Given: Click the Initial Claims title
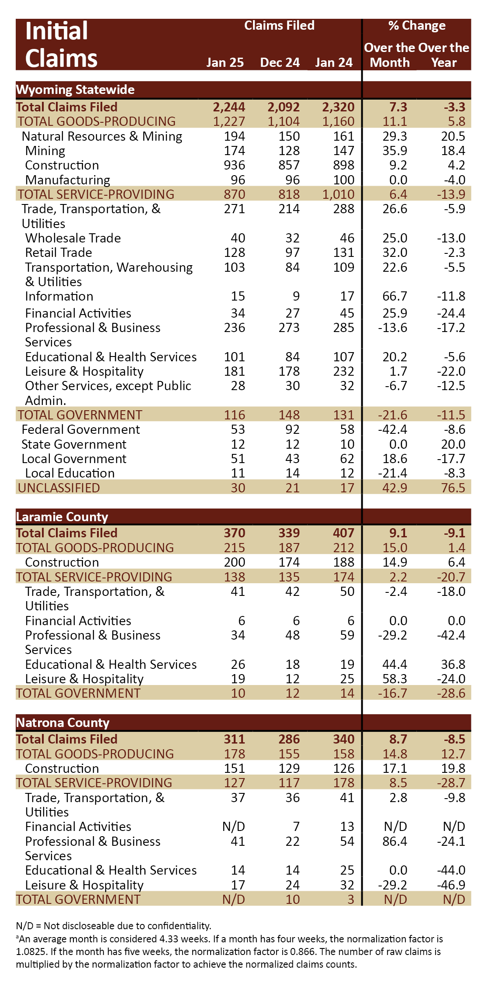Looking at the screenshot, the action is [x=61, y=45].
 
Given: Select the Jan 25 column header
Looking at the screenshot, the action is [x=225, y=62].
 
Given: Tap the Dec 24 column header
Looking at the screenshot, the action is [x=280, y=62].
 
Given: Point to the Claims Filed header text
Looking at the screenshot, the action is [x=279, y=25].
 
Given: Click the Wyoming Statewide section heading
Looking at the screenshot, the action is [x=75, y=90].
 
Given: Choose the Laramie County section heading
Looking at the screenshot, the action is [x=62, y=517].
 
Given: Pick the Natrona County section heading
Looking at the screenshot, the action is [x=62, y=723].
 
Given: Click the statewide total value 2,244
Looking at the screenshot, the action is [x=229, y=107].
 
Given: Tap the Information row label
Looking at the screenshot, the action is [x=59, y=296].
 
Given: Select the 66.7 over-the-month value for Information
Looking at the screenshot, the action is [x=395, y=296].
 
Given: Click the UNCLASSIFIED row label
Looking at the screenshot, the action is [x=59, y=488].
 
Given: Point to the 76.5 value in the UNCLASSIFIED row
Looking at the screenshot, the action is [x=453, y=488].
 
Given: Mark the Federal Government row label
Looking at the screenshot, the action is [x=81, y=429].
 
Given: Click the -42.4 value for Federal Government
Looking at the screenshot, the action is [x=392, y=429].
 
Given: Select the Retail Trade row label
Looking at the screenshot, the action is [x=59, y=253].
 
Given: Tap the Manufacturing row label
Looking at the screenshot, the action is [x=68, y=180].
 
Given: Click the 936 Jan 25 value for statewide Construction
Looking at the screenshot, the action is [x=235, y=165].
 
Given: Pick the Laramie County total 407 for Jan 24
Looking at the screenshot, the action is [x=344, y=533].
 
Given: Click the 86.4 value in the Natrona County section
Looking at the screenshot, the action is [x=395, y=841].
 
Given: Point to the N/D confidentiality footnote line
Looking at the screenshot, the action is [x=114, y=926].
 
